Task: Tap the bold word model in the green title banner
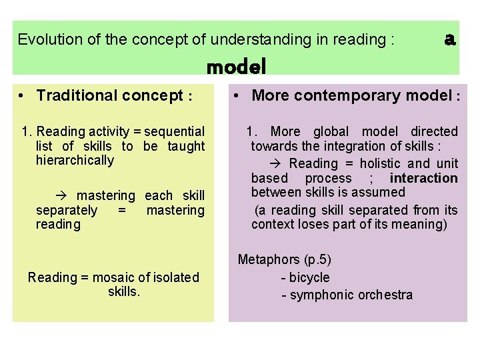pyautogui.click(x=236, y=67)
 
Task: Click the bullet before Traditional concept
pyautogui.click(x=23, y=95)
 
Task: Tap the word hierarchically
pyautogui.click(x=75, y=161)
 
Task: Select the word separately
pyautogui.click(x=67, y=210)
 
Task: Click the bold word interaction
pyautogui.click(x=423, y=178)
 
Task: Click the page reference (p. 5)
pyautogui.click(x=317, y=260)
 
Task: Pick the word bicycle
pyautogui.click(x=309, y=277)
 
